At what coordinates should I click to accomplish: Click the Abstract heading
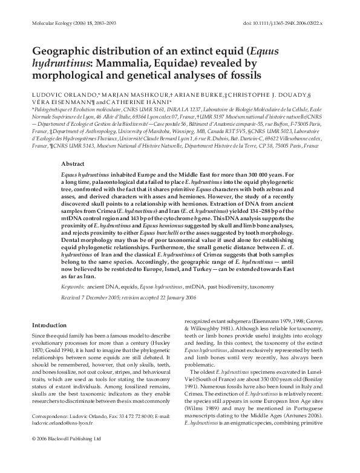(74, 164)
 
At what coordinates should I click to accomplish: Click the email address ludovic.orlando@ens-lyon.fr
(65, 440)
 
